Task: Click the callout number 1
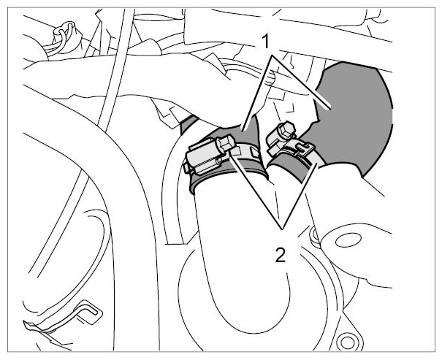(265, 42)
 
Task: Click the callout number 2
(281, 255)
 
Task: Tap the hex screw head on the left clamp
(226, 143)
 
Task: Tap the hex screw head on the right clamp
(286, 129)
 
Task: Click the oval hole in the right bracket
(348, 240)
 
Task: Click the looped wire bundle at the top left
(64, 37)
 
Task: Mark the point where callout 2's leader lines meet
(282, 229)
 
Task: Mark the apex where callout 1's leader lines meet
(272, 56)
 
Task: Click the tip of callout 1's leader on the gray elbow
(330, 109)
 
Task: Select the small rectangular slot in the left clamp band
(254, 152)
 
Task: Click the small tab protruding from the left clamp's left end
(186, 169)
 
